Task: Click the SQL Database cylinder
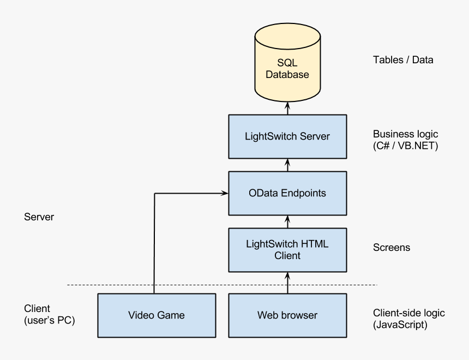tap(287, 68)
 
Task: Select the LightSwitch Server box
tap(287, 136)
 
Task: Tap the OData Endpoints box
tap(287, 193)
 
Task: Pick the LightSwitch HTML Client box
tap(287, 250)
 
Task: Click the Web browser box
tap(287, 315)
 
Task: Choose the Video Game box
tap(157, 315)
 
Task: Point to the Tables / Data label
tap(403, 60)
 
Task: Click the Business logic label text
tap(405, 134)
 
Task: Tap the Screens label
tap(392, 248)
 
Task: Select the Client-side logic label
tap(408, 313)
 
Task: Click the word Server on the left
tap(39, 217)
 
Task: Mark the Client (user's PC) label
tap(49, 315)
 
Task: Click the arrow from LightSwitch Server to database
tap(287, 108)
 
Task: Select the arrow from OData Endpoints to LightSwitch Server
tap(287, 165)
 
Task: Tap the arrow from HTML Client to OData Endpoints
tap(287, 221)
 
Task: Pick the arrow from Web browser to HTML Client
tap(287, 283)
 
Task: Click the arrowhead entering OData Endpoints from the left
tap(225, 193)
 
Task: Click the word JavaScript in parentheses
tap(400, 325)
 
